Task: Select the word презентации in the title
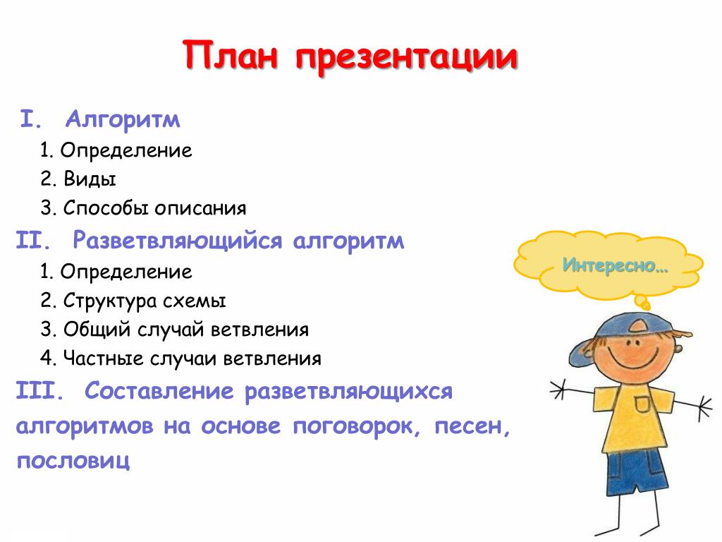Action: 407,58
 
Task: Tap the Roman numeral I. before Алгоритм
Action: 31,119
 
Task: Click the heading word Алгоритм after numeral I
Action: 123,120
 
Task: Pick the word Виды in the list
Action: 90,179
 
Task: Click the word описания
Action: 200,209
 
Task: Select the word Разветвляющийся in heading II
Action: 178,241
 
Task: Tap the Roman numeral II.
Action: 34,241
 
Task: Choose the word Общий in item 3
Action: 97,330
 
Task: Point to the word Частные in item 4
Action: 103,359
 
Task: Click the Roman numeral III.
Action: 39,391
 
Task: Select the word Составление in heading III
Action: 159,391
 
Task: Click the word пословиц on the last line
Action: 73,461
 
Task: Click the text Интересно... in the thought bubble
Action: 615,265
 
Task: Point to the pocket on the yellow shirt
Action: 643,404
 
